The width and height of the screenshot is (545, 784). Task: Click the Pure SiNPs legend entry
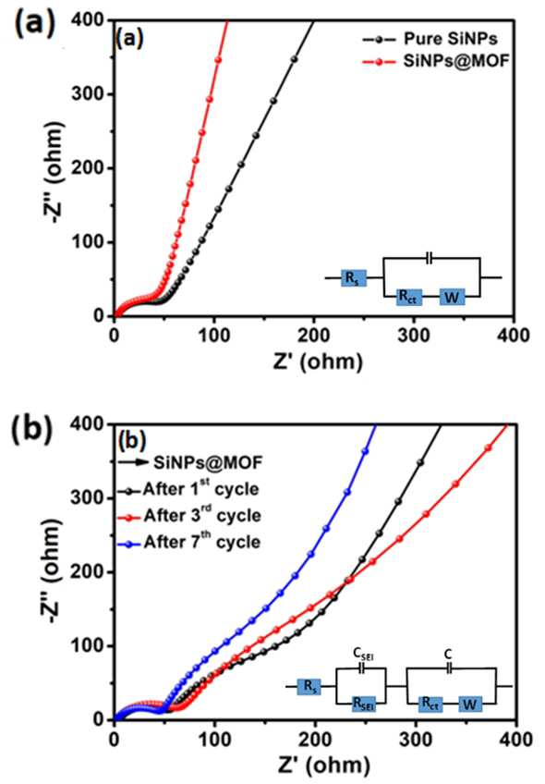(430, 39)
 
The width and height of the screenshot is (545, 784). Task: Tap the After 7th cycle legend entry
(188, 543)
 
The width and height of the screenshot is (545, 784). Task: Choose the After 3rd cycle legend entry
(188, 516)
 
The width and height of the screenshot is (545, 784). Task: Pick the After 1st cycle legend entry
(188, 488)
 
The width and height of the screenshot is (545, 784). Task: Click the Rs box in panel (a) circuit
(354, 277)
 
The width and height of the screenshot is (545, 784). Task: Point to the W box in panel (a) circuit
(452, 298)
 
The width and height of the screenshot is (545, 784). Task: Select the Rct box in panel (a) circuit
(409, 298)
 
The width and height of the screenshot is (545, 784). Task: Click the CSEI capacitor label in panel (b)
(363, 654)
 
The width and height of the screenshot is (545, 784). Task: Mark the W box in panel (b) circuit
(469, 704)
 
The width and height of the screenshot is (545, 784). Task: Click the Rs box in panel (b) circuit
(309, 687)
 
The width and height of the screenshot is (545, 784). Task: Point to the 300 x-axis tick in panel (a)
(414, 335)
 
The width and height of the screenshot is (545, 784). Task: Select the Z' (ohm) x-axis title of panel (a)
(318, 361)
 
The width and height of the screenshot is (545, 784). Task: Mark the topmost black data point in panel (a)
(294, 59)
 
